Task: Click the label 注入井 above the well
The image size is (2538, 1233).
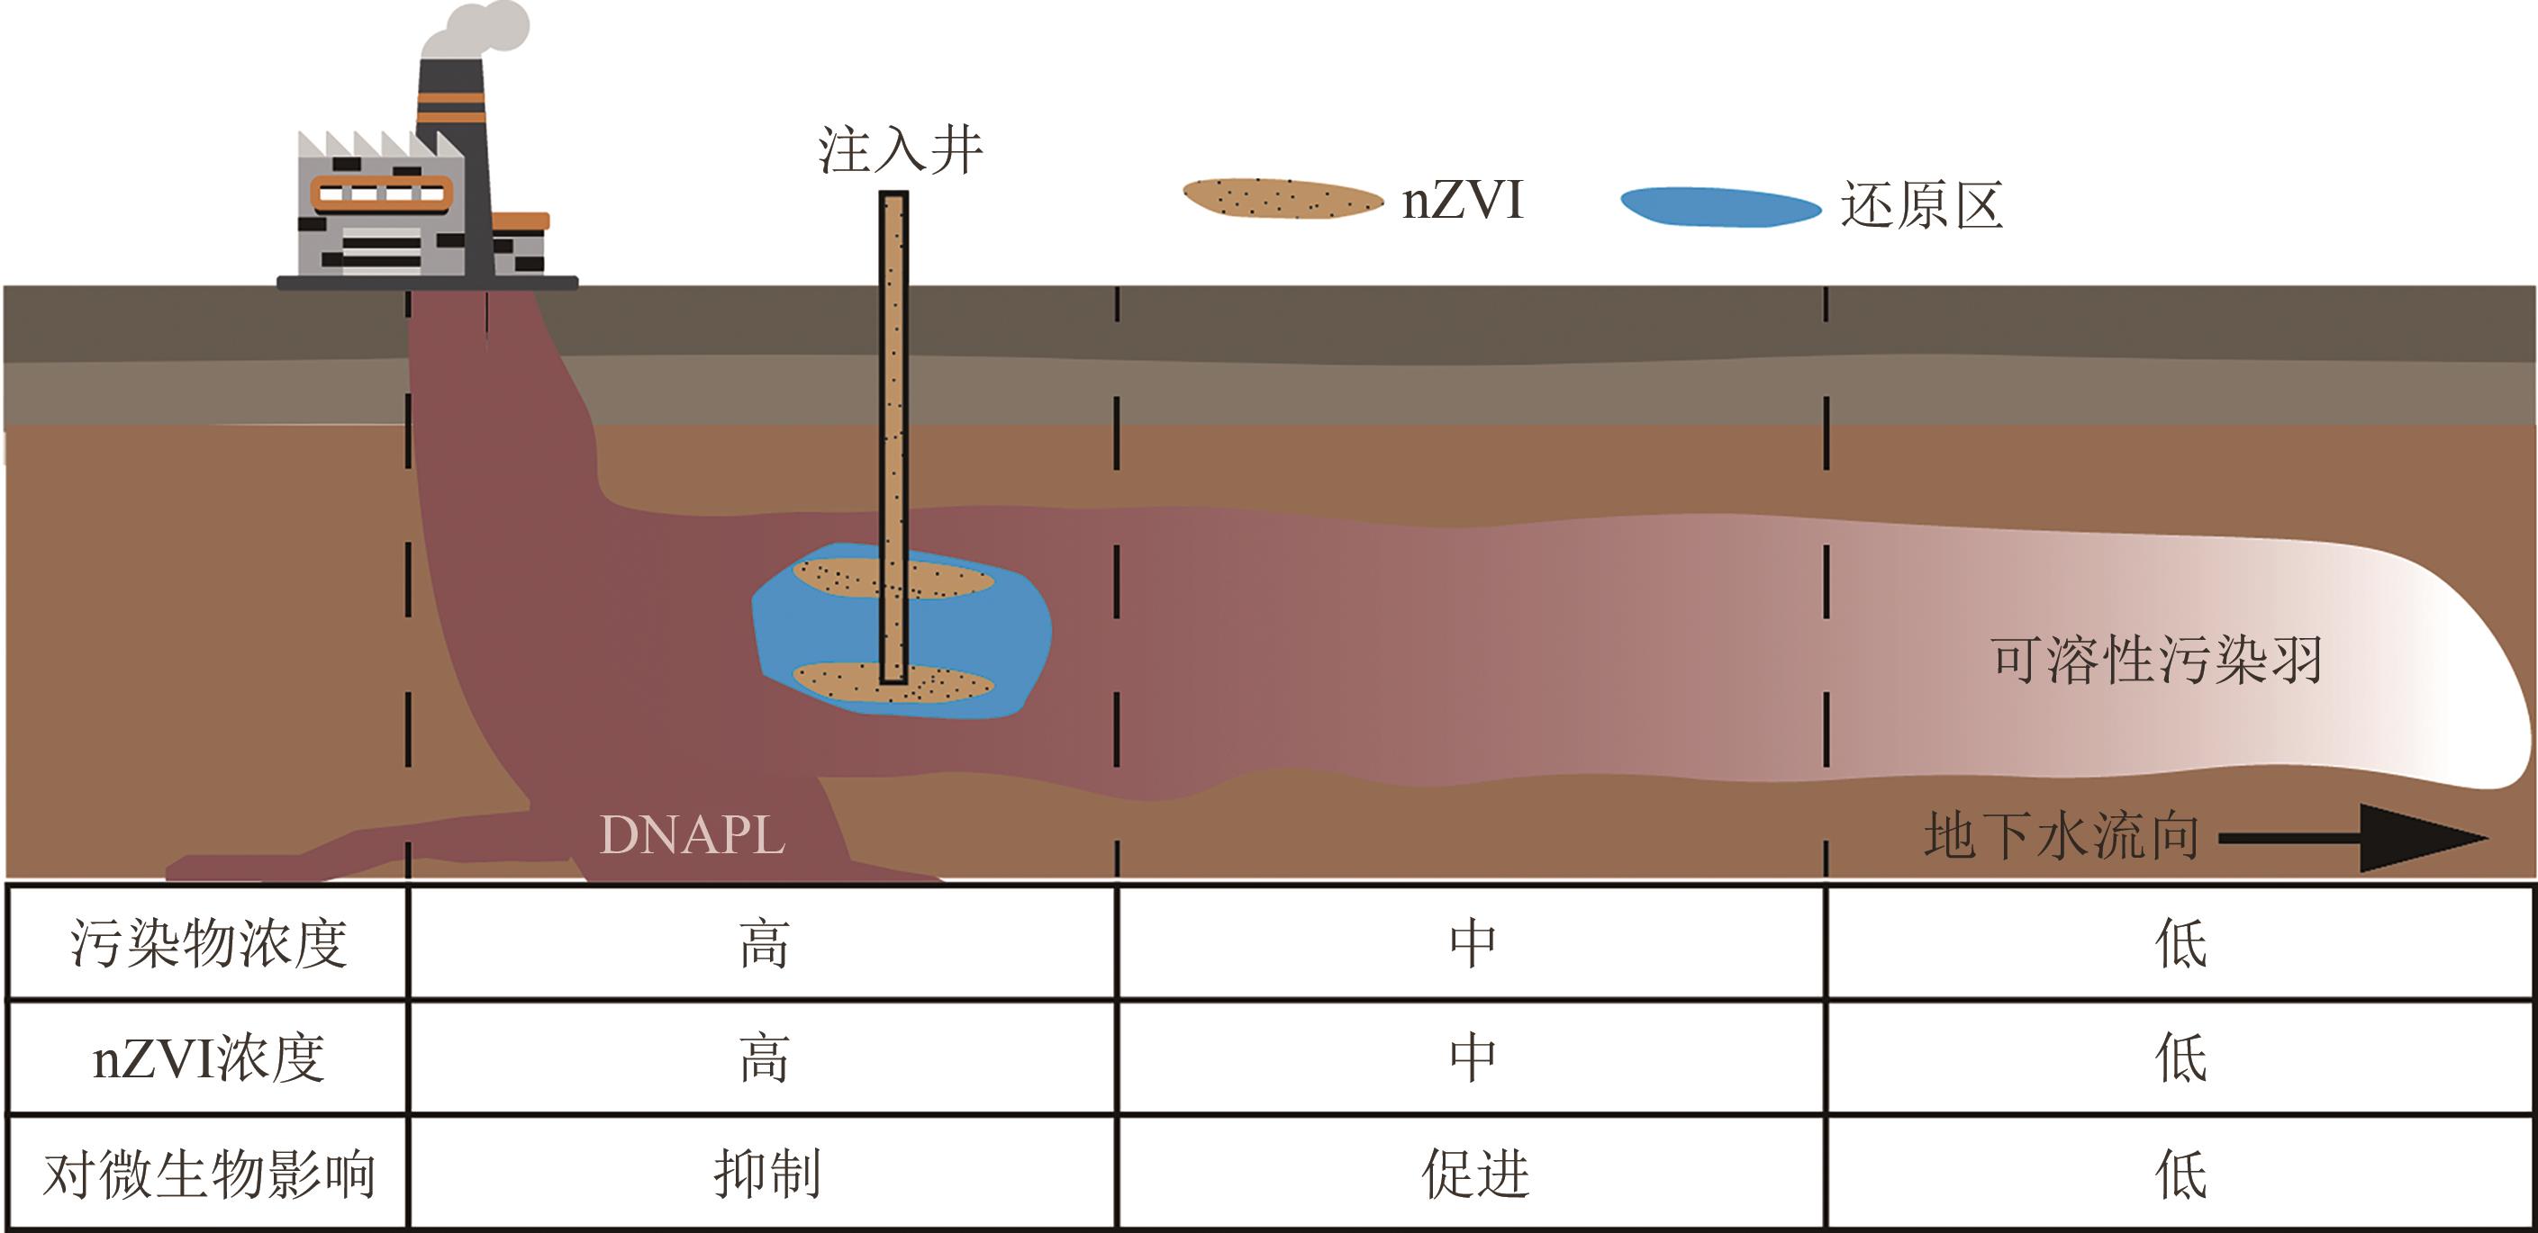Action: (900, 150)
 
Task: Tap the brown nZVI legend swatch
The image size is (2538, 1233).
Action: (1282, 199)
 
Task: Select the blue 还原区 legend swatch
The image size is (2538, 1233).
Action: (1720, 207)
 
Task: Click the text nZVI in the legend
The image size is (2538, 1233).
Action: (1464, 200)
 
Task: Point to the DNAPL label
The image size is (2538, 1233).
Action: (692, 835)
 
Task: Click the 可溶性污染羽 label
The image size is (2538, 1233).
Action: (2156, 660)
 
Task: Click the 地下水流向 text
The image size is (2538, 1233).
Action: (2062, 837)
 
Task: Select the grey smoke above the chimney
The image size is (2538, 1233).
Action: (478, 30)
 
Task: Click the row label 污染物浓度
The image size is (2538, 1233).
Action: (208, 944)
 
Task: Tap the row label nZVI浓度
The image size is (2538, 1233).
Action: (208, 1058)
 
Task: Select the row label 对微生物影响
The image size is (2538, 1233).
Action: (208, 1174)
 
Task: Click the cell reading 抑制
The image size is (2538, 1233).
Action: (766, 1174)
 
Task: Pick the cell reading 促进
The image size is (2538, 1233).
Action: (1474, 1174)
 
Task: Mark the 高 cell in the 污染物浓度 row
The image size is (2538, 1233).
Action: (766, 944)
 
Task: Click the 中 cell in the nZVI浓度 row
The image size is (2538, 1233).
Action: (1474, 1058)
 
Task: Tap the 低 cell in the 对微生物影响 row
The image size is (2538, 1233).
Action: (2180, 1174)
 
